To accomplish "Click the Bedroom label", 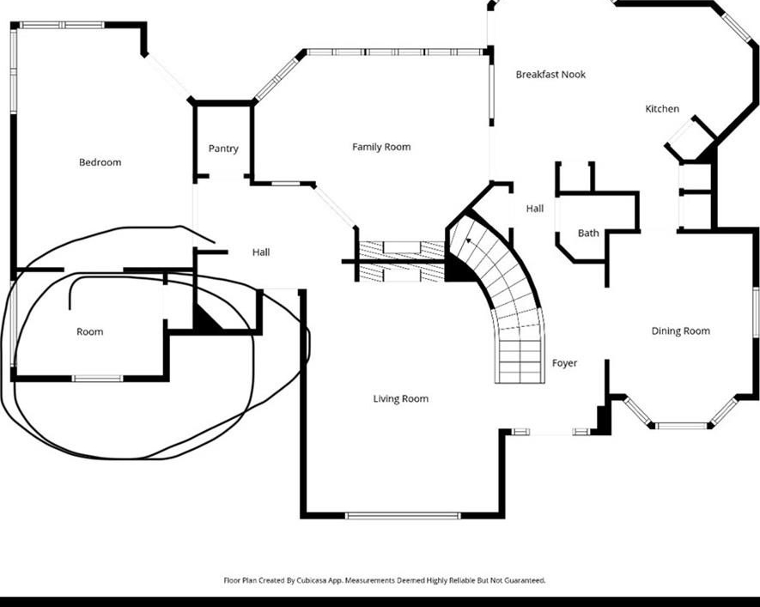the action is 100,162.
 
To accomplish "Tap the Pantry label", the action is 223,149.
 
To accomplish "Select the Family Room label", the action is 381,147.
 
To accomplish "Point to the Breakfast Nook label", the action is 550,75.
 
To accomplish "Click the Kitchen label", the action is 662,109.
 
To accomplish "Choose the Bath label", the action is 588,234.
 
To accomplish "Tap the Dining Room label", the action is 680,331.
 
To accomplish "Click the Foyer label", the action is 565,363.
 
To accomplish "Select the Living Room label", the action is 401,398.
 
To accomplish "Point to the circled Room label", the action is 90,332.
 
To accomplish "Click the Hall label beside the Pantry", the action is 261,252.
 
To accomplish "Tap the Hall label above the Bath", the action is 535,209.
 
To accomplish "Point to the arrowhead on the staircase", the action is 468,240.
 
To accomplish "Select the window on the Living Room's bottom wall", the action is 403,516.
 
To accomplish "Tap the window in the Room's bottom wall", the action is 98,379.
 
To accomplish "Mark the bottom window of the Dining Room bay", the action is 681,427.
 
